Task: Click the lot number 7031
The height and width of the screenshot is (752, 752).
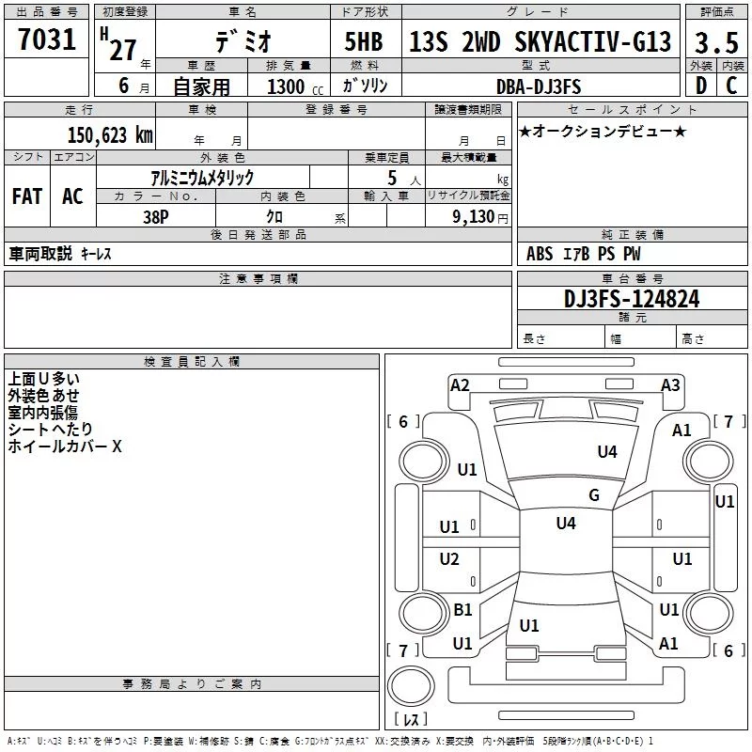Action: pos(47,39)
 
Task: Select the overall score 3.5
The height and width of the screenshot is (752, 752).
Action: pos(716,42)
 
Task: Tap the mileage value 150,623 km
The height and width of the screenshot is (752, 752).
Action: pos(110,134)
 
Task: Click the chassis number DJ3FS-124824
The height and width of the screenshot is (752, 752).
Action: pos(632,298)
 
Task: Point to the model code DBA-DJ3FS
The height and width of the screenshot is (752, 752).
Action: pos(539,86)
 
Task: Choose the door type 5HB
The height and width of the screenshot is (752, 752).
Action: pos(364,41)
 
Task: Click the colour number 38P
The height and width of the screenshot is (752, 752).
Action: pos(156,217)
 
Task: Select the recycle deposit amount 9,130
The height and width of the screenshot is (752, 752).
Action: pos(474,217)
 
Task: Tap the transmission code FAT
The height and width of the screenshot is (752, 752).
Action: pos(27,196)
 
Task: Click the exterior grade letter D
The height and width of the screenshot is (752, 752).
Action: pos(701,86)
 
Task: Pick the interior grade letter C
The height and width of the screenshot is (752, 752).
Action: pos(731,86)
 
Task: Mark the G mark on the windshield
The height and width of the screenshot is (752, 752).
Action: pos(594,494)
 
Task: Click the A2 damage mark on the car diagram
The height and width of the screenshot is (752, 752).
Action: pos(460,385)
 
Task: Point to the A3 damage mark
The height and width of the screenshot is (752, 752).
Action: pos(670,385)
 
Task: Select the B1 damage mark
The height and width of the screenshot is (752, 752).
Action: pos(462,609)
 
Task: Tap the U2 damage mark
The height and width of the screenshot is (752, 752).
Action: pos(449,558)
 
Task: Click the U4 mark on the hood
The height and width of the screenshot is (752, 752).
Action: pos(607,451)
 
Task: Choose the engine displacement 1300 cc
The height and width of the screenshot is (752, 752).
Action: pos(295,86)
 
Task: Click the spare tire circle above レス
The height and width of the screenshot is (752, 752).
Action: pos(411,686)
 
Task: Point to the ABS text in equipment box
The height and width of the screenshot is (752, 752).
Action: pos(540,254)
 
